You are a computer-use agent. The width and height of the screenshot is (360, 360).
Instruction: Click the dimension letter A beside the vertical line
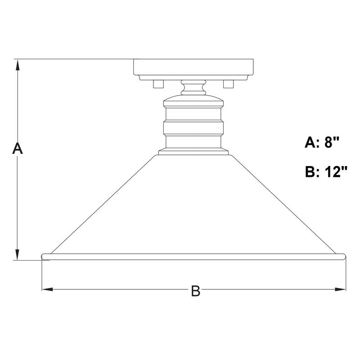point(17,149)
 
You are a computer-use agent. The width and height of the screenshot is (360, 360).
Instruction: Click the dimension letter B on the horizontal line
point(195,291)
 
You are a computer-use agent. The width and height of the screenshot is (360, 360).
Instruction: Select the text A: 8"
point(321,143)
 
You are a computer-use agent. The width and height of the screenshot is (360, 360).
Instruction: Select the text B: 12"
point(326,172)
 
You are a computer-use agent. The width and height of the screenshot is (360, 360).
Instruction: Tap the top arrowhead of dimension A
point(18,64)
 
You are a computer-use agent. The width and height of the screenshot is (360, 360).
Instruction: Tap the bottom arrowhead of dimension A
point(18,255)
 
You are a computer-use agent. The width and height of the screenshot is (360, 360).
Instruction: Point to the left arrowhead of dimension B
point(46,289)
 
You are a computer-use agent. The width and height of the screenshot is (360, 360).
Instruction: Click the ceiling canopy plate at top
point(194,67)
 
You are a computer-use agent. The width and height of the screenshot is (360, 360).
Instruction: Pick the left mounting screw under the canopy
point(158,84)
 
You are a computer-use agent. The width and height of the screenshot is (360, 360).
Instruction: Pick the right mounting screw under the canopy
point(229,84)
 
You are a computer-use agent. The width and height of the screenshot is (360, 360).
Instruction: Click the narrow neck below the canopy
point(193,87)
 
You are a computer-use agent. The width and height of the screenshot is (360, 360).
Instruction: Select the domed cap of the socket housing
point(193,100)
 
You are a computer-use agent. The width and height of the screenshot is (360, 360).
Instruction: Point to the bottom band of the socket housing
point(193,142)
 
